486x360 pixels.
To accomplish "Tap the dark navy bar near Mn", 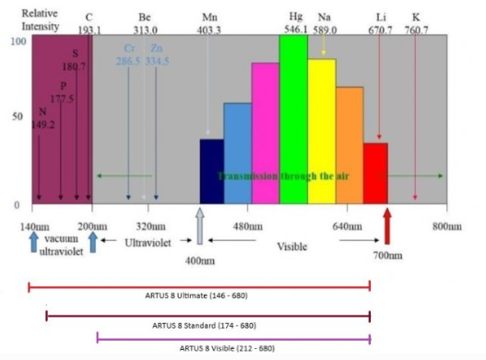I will click(211, 171).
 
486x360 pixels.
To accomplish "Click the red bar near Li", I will click(375, 173).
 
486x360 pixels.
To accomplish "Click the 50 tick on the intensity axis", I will click(15, 116).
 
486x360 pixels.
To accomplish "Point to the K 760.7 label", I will click(416, 23).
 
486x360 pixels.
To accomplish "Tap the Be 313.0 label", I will click(145, 23).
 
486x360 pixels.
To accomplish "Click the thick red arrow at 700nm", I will click(387, 225).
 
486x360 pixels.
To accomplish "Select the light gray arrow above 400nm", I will click(199, 225).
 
